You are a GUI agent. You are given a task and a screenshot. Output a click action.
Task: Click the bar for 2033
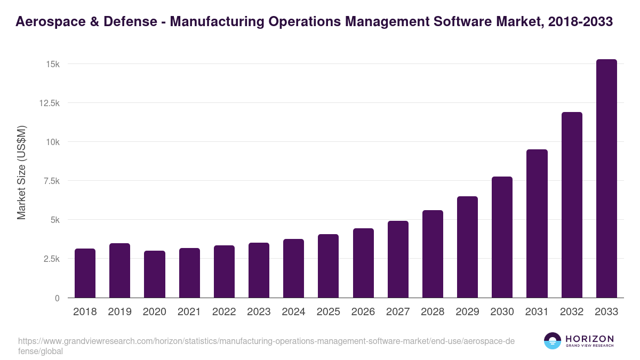(606, 179)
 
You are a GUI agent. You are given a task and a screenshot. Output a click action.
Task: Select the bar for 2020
(154, 274)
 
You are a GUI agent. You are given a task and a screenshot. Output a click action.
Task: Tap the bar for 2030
(502, 237)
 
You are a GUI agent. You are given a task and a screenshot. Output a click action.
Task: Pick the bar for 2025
(328, 266)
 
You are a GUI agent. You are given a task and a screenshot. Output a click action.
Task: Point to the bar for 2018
(85, 273)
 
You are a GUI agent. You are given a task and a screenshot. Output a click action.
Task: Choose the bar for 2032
(572, 205)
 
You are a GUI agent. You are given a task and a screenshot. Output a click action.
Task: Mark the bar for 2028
(433, 254)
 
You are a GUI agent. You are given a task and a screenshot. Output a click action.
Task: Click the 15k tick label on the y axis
(52, 64)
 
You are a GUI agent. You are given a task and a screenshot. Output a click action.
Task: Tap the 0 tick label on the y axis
(57, 298)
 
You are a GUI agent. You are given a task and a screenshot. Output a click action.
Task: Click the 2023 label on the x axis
(259, 312)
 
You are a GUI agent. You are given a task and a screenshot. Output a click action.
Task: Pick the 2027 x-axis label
(398, 312)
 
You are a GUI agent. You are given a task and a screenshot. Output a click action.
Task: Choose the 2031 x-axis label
(537, 312)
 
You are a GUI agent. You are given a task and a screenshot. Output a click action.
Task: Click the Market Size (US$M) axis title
(21, 172)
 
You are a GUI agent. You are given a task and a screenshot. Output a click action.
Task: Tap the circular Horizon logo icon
(553, 341)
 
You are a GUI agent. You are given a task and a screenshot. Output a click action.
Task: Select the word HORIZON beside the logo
(589, 338)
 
